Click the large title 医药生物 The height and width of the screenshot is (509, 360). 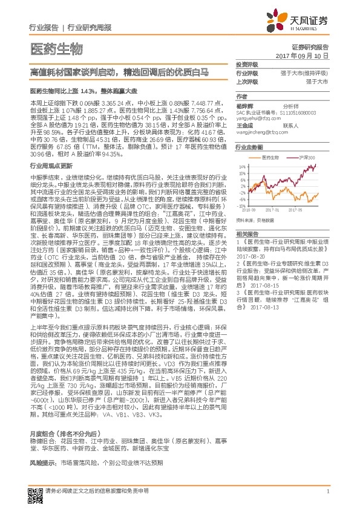click(x=56, y=48)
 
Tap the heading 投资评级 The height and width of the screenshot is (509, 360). click(x=247, y=64)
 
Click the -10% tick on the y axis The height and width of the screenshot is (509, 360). click(x=241, y=204)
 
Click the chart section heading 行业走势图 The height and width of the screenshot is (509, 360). click(x=249, y=147)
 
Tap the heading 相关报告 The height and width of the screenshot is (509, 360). click(x=247, y=233)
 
